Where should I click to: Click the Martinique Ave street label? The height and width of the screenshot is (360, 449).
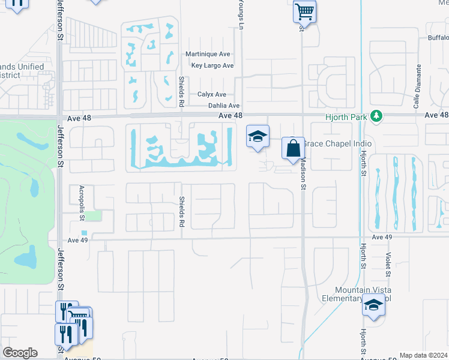[x=208, y=54]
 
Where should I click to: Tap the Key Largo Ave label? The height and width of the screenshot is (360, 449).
[x=212, y=65]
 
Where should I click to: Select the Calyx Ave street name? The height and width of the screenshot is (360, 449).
[x=212, y=94]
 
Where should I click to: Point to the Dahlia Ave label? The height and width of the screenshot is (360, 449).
[x=224, y=106]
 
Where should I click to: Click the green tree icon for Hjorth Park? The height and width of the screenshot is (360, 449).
[x=376, y=115]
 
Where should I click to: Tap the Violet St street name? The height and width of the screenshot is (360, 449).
[x=389, y=265]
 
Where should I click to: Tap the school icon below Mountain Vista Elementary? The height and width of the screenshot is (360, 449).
[x=373, y=306]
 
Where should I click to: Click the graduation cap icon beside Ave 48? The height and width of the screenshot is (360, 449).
[x=258, y=137]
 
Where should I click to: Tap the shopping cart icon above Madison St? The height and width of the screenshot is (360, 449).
[x=304, y=10]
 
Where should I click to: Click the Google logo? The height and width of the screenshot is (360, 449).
[x=20, y=353]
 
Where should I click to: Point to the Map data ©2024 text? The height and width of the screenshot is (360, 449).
[x=423, y=355]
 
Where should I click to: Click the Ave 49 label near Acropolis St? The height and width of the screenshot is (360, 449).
[x=78, y=240]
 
